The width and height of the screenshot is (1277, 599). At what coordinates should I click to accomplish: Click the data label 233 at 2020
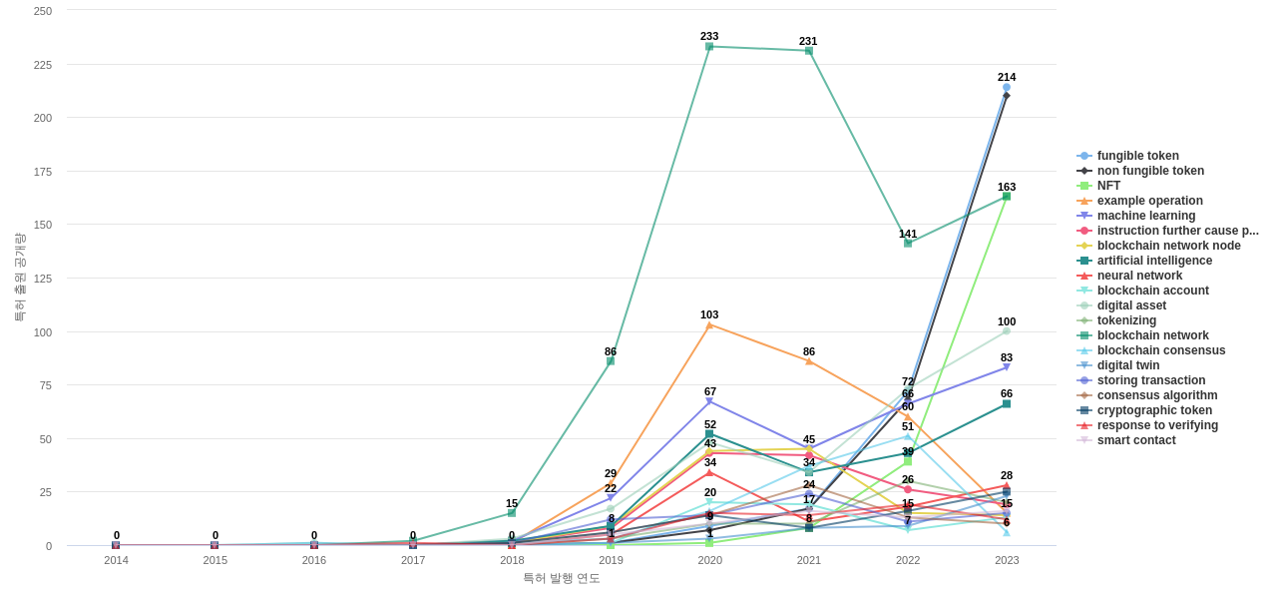click(x=709, y=36)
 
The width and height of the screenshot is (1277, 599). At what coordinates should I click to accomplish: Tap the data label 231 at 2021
click(x=808, y=41)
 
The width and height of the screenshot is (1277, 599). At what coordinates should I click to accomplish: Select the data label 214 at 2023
click(x=1007, y=77)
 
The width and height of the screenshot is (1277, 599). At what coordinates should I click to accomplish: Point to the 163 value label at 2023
click(x=1007, y=187)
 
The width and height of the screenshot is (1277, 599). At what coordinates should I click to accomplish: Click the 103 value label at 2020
click(x=709, y=314)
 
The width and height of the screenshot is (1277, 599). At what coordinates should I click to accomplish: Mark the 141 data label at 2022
click(x=908, y=234)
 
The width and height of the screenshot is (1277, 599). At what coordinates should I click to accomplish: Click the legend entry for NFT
click(x=1108, y=186)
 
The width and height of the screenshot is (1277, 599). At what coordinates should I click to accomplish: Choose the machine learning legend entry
click(x=1145, y=216)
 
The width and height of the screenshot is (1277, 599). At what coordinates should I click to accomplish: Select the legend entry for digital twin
click(x=1127, y=365)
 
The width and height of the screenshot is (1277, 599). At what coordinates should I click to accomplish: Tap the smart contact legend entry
click(x=1135, y=440)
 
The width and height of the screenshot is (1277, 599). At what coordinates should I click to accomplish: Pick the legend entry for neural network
click(x=1139, y=276)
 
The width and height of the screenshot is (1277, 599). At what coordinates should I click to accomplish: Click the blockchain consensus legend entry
click(x=1160, y=350)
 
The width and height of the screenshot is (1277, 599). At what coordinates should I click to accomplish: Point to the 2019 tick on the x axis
click(x=611, y=560)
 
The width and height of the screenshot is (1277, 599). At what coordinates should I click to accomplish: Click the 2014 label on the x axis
click(x=116, y=560)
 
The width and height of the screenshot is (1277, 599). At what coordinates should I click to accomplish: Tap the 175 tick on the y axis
click(x=43, y=172)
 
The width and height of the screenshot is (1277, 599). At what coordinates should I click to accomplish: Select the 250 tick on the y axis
click(x=43, y=11)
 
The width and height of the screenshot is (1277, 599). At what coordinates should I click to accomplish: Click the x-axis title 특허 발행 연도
click(x=562, y=578)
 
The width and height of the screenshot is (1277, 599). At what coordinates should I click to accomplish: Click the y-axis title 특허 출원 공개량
click(x=19, y=278)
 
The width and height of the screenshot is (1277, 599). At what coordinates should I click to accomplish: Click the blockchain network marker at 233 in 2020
click(x=709, y=47)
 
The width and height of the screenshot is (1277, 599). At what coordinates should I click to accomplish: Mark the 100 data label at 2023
click(x=1007, y=321)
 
